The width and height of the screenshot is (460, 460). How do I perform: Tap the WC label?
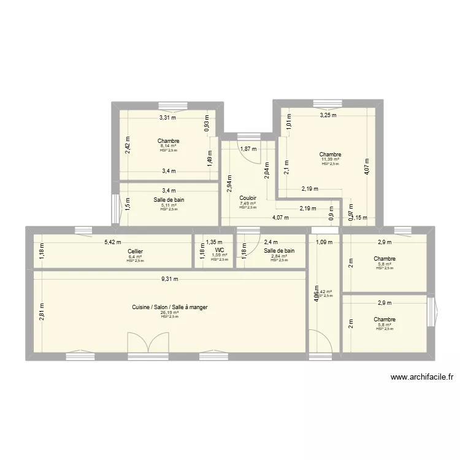(x=219, y=250)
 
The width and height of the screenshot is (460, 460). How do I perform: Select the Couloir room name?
(x=248, y=198)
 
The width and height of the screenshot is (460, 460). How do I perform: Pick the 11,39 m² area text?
(x=330, y=159)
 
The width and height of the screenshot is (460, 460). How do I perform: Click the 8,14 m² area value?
(x=167, y=146)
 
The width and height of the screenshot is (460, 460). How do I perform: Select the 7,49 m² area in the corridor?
(x=248, y=204)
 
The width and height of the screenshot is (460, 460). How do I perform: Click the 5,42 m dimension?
(x=112, y=242)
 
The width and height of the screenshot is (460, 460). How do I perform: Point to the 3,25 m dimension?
(x=328, y=115)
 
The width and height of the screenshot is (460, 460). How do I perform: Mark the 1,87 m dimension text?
(x=248, y=149)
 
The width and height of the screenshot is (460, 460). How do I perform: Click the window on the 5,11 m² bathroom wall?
(x=114, y=209)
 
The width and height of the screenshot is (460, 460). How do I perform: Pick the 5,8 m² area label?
(x=384, y=325)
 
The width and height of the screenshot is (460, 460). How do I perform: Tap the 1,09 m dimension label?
(x=322, y=242)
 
